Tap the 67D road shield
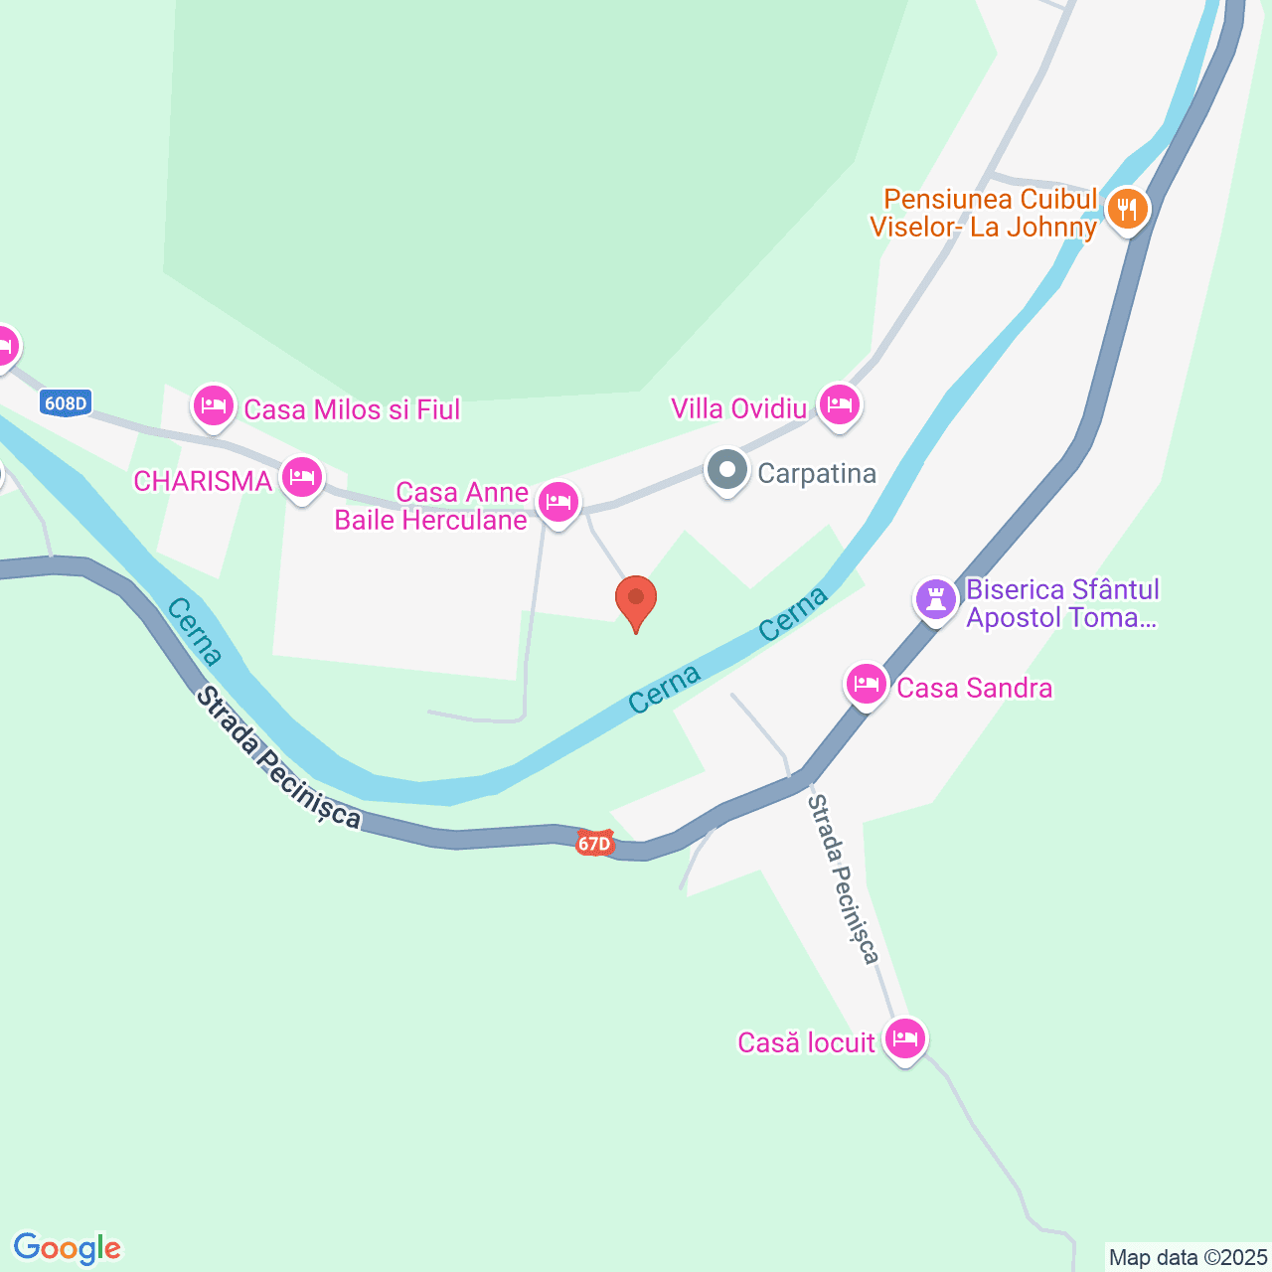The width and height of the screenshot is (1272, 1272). coord(593,844)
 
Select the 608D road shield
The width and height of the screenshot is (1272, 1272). coord(67,402)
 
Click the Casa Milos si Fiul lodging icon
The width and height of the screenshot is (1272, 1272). coord(214,407)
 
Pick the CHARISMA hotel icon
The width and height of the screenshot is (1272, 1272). coord(302,479)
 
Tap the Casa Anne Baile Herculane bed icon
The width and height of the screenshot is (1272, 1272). coord(558,502)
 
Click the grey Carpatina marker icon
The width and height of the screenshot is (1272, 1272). coord(727,471)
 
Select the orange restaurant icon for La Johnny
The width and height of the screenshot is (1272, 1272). coord(1127,210)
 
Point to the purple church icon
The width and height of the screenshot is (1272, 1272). coord(936,599)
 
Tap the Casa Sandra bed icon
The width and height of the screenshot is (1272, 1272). coord(867,685)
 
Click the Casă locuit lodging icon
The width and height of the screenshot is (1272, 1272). coord(904,1039)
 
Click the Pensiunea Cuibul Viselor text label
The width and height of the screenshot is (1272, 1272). coord(985,213)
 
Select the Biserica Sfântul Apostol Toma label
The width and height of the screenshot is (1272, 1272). coord(1062,603)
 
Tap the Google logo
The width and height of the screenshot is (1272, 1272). coord(68,1248)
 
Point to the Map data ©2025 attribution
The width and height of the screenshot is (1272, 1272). coord(1189,1257)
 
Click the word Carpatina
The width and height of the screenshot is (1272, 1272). coord(817,473)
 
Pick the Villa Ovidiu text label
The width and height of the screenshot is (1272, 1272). coord(739,408)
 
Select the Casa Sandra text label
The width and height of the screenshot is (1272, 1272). coord(975,688)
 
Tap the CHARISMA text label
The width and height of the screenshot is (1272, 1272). coord(203,481)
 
